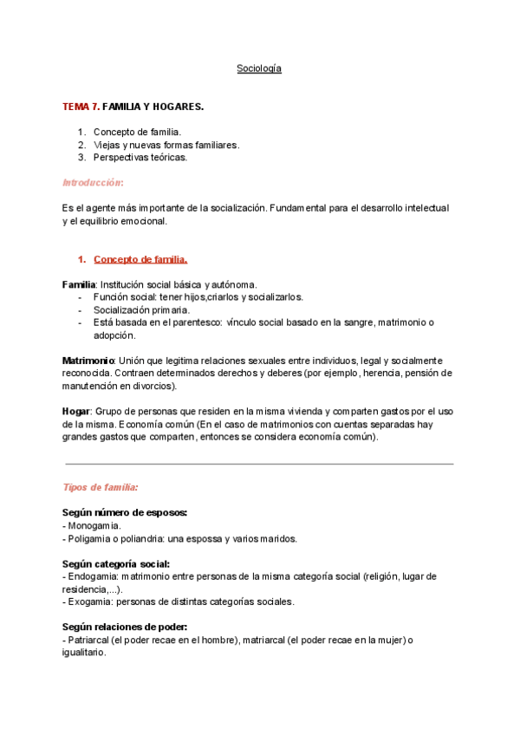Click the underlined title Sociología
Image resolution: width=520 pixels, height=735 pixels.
point(259,68)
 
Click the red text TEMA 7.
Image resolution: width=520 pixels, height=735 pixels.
point(81,107)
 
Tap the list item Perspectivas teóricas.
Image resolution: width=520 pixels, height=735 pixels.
point(140,158)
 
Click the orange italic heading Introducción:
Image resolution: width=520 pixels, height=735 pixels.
point(93,183)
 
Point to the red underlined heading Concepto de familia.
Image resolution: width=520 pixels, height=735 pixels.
point(140,259)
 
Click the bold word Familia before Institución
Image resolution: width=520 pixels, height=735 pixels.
point(79,284)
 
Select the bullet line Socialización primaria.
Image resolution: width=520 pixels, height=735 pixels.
point(141,309)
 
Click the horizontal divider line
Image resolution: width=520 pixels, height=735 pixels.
point(259,464)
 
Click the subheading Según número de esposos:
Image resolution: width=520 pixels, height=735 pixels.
point(125,512)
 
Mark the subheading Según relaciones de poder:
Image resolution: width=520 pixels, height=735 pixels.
point(125,627)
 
